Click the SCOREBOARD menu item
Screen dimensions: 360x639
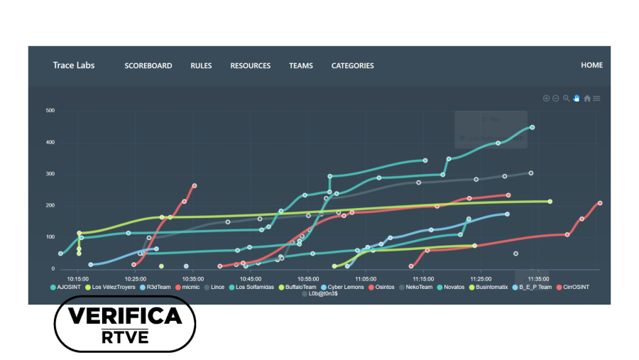[148, 66]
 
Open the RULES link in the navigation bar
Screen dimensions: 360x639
[201, 66]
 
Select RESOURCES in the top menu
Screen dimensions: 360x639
[250, 66]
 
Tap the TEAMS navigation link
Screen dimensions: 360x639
[300, 66]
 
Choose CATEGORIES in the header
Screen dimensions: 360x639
[352, 66]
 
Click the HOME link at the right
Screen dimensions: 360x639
[591, 65]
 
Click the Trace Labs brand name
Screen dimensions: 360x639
[73, 65]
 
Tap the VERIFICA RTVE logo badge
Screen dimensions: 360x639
[125, 324]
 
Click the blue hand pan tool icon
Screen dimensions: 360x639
[577, 98]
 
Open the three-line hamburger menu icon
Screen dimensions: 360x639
[597, 98]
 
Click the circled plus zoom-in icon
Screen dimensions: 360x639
[546, 98]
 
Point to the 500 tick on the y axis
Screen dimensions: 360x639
[50, 111]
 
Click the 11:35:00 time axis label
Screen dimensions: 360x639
[538, 279]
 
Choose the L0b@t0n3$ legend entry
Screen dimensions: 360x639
[323, 294]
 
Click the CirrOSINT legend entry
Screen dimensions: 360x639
[575, 287]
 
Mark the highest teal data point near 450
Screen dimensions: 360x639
[532, 128]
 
